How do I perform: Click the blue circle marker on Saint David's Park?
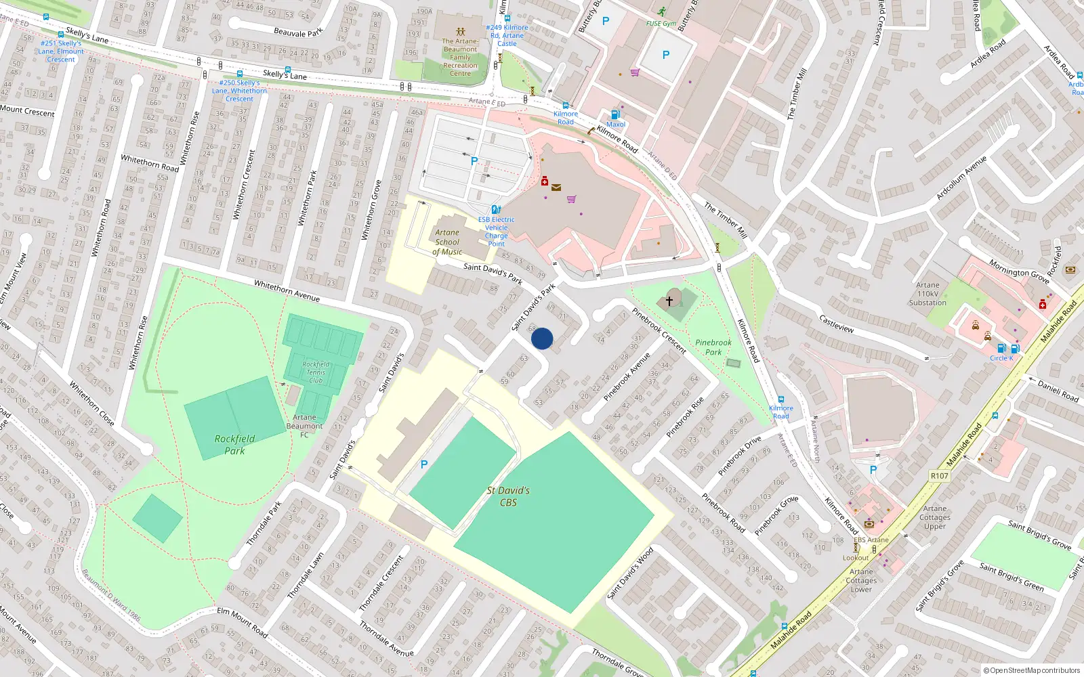(x=542, y=338)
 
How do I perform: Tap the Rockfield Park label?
(x=234, y=445)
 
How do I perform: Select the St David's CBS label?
(x=508, y=496)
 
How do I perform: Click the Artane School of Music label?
(x=447, y=242)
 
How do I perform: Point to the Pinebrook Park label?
(x=713, y=347)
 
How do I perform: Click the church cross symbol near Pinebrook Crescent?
(x=669, y=301)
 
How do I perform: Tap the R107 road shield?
(x=940, y=476)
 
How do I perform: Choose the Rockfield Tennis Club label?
(x=316, y=372)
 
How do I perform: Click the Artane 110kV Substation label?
(x=927, y=294)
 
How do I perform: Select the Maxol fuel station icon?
(x=615, y=115)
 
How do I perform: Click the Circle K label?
(x=1001, y=358)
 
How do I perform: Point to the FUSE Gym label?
(x=661, y=23)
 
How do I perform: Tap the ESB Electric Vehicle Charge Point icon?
(x=496, y=210)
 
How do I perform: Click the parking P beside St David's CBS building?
(x=424, y=464)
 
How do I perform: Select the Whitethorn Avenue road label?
(x=287, y=290)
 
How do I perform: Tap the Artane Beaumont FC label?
(x=304, y=426)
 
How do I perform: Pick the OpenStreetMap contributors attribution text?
(x=1031, y=670)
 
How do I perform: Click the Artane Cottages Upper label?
(x=935, y=517)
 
